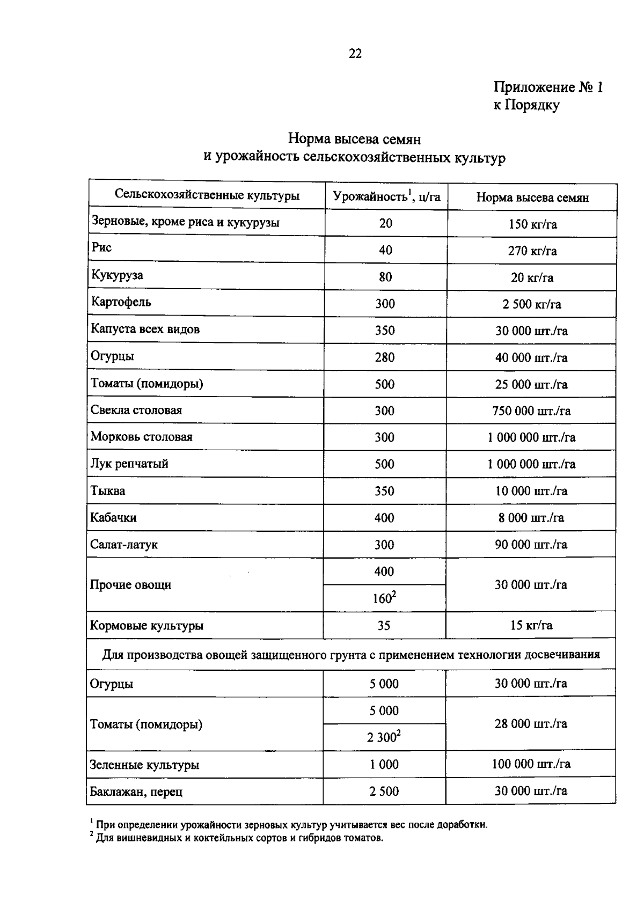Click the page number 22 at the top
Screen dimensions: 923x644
(x=355, y=54)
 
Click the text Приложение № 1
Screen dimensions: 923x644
(x=548, y=87)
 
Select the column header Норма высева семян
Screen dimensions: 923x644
(x=532, y=197)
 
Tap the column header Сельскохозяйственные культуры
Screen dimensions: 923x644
(x=207, y=195)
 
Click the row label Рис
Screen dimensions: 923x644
(x=101, y=248)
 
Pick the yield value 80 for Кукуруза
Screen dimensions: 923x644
(x=385, y=277)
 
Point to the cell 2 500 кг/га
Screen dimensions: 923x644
(x=532, y=304)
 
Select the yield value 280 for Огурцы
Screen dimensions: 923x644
(x=385, y=357)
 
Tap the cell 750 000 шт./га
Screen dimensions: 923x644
(x=531, y=411)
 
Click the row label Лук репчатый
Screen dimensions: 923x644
(x=129, y=464)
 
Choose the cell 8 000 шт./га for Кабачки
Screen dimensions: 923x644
(x=531, y=518)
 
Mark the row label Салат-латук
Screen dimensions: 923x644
(x=124, y=545)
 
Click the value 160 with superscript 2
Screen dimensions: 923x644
(x=384, y=598)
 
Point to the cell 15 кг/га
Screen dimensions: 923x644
(x=531, y=625)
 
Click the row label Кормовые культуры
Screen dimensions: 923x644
(x=147, y=626)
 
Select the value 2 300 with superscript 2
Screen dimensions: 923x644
(x=384, y=737)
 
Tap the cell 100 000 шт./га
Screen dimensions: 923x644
(x=531, y=764)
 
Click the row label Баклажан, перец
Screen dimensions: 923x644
(x=136, y=792)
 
